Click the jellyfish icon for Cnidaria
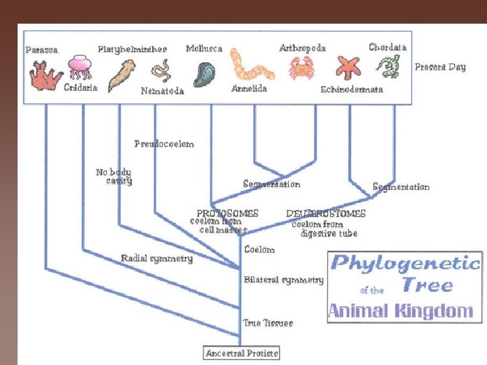point(79,68)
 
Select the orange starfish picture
point(350,68)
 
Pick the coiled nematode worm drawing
point(161,70)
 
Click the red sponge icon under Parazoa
point(45,74)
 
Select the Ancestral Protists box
point(242,353)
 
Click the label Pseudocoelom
point(164,143)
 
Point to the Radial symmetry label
point(157,258)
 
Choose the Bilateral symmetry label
point(283,279)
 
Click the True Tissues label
point(268,322)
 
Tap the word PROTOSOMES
point(227,213)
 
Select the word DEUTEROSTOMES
point(325,213)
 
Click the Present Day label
point(440,67)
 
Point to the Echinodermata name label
point(352,89)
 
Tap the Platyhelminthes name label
point(133,49)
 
